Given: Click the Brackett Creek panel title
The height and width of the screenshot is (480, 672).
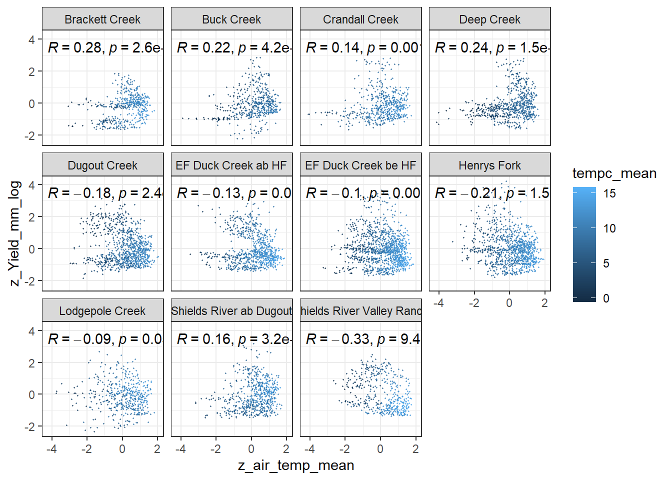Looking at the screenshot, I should click(x=102, y=19).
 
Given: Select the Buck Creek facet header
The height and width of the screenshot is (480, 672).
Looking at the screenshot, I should click(x=231, y=19).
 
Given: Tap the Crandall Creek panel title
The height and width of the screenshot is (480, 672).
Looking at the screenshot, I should click(x=360, y=19).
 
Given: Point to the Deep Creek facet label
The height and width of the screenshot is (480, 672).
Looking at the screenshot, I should click(x=489, y=19).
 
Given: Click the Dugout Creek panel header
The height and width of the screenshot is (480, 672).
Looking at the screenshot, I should click(x=102, y=165).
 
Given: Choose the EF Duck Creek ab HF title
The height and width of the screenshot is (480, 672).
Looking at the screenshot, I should click(x=231, y=165).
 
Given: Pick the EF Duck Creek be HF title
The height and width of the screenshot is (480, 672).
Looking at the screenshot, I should click(x=360, y=165).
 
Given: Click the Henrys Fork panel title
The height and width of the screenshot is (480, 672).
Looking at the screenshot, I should click(x=489, y=165).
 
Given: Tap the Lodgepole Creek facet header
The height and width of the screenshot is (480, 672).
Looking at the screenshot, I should click(x=102, y=311).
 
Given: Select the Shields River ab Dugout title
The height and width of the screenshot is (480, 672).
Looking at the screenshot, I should click(x=231, y=311).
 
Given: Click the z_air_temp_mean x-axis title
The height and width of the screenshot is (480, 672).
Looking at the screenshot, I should click(x=296, y=465).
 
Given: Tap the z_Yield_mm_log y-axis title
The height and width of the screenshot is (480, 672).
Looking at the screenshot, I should click(x=15, y=233).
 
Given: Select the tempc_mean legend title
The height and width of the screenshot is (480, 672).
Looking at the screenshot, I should click(x=614, y=173).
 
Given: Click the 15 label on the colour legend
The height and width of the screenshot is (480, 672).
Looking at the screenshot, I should click(x=609, y=193).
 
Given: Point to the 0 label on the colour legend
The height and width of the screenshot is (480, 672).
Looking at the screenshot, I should click(x=606, y=298).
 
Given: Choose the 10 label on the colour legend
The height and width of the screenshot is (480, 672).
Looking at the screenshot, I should click(x=609, y=228).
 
